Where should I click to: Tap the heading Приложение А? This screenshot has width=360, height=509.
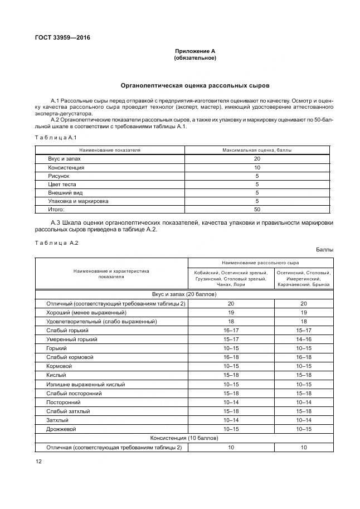click(194, 51)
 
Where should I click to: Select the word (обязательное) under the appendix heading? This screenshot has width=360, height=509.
click(194, 58)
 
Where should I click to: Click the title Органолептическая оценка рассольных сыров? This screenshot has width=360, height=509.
click(195, 86)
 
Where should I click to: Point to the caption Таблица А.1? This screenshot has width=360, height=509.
click(55, 137)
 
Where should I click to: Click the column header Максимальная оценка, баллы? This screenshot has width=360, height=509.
click(257, 151)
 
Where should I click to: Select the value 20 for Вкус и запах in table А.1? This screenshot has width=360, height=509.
click(257, 159)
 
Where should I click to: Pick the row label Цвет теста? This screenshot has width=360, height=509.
click(62, 184)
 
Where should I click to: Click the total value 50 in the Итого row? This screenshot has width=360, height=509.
click(257, 209)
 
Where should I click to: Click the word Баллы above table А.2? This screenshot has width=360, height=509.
click(324, 250)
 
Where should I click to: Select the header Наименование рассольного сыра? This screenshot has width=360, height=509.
click(260, 262)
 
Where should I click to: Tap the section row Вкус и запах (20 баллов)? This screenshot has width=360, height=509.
click(184, 294)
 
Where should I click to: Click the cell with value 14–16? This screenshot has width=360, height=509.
click(304, 339)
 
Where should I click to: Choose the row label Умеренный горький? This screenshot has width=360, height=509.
click(72, 339)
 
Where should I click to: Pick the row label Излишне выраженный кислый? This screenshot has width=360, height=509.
click(86, 384)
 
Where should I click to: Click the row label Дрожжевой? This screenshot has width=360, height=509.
click(62, 429)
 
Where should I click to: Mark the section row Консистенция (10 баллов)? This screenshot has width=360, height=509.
click(184, 439)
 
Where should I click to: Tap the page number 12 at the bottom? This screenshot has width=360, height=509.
click(38, 461)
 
